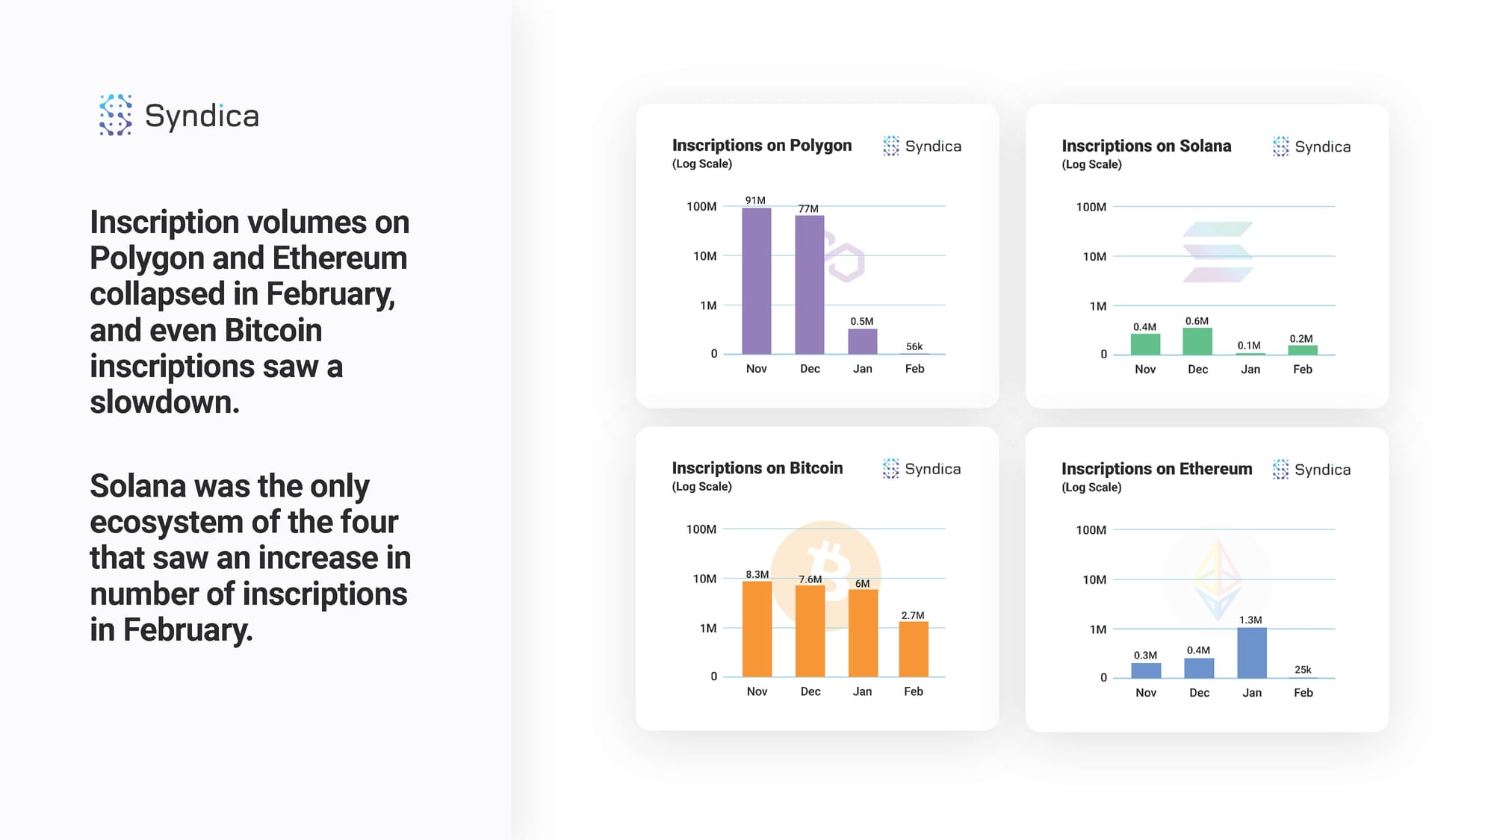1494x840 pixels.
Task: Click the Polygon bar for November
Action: point(756,281)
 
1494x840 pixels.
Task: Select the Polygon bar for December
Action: point(809,284)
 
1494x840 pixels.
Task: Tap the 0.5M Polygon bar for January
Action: point(862,341)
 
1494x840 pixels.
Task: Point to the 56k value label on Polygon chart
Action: point(914,346)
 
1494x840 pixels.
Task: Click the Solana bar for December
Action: point(1197,341)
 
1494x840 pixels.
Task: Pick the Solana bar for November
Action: point(1145,344)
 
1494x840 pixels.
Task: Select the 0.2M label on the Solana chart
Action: point(1301,339)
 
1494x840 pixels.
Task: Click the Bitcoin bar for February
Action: point(914,650)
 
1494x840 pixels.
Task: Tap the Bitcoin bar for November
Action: point(757,629)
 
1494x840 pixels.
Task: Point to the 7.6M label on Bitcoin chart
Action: point(810,579)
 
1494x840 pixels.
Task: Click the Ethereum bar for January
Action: point(1252,653)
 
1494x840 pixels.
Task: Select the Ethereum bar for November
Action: point(1146,671)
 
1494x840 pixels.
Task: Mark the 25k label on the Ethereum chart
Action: point(1303,670)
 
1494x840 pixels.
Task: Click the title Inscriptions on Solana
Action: point(1147,146)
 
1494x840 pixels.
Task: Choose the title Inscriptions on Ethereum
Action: point(1157,469)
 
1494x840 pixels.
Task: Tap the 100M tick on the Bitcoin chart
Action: point(701,529)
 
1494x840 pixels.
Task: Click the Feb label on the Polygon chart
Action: point(914,369)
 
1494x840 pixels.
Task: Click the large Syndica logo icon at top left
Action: point(116,115)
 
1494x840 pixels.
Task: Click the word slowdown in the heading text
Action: point(165,402)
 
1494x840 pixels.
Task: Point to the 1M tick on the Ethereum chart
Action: point(1098,629)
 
